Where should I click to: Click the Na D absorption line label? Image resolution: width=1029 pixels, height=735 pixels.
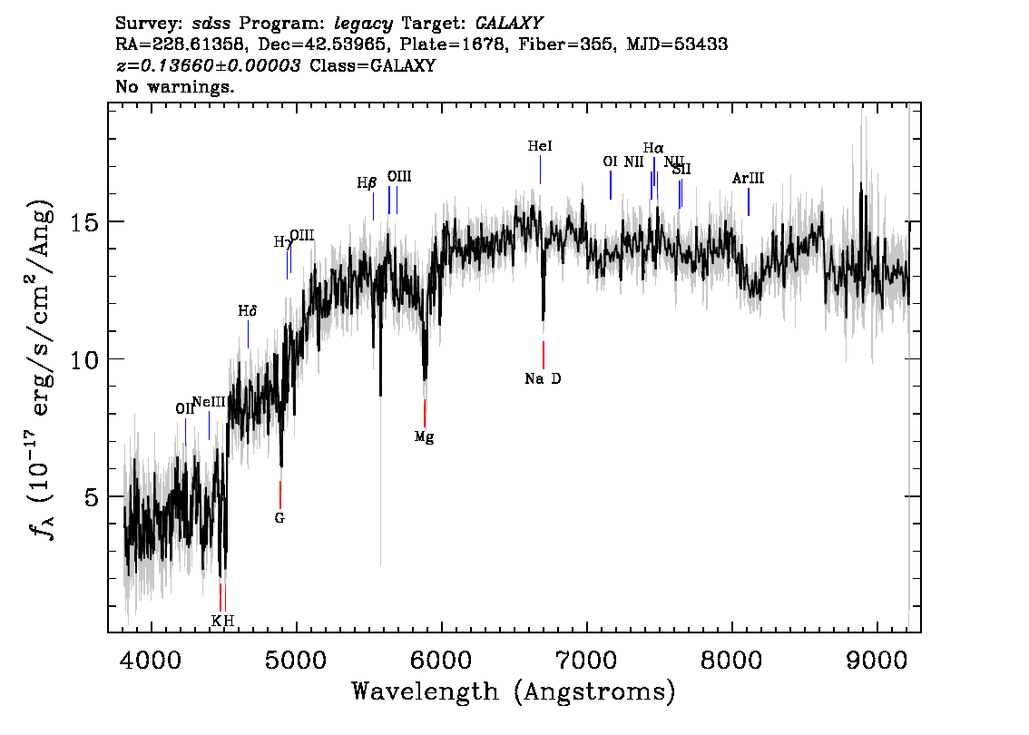tap(543, 378)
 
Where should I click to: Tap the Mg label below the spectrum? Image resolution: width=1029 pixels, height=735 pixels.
tap(424, 436)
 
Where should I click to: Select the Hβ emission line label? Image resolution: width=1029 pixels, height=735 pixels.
tap(367, 182)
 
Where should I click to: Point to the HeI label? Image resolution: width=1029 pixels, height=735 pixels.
tap(540, 146)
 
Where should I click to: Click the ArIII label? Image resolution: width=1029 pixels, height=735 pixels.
tap(748, 179)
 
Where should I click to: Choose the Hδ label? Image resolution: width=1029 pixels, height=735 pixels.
tap(248, 311)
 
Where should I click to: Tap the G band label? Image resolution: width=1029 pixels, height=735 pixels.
tap(279, 518)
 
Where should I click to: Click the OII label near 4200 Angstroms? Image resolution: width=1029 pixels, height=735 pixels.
tap(185, 409)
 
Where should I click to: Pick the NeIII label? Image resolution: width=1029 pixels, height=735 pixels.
tap(209, 402)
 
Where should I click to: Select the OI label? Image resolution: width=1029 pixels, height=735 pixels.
tap(610, 162)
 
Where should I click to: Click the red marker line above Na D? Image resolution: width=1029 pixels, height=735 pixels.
tap(543, 355)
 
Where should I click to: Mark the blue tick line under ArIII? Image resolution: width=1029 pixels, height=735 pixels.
tap(748, 201)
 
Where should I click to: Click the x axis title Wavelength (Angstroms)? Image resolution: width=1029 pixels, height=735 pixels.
tap(514, 691)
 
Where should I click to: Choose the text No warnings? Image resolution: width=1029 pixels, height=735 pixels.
tap(175, 87)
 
